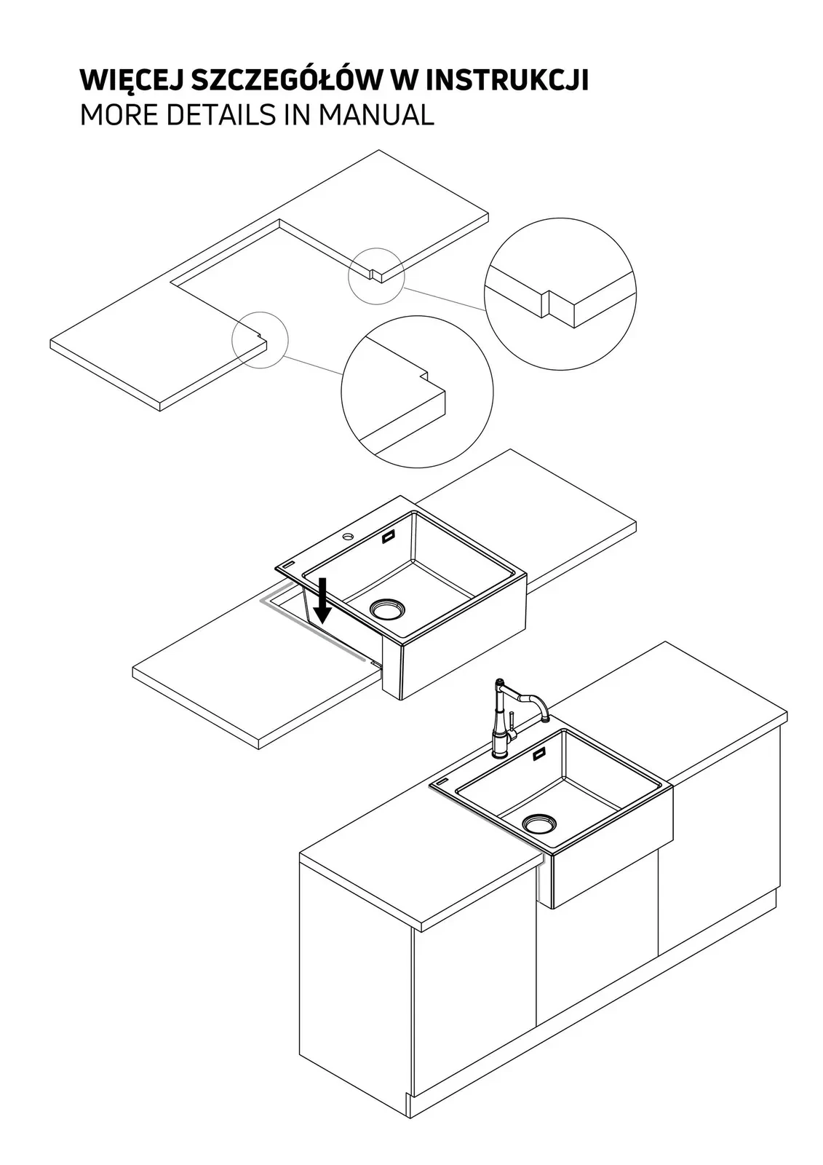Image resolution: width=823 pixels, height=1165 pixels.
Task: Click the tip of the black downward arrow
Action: click(322, 623)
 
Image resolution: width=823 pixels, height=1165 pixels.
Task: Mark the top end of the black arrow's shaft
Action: click(322, 578)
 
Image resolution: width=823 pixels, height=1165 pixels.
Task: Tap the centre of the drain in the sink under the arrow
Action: click(387, 609)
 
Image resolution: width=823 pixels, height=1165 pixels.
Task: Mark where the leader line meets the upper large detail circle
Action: click(486, 310)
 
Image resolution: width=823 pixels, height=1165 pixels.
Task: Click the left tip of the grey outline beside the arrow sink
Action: click(260, 600)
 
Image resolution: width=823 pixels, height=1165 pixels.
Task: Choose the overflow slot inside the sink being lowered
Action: click(389, 538)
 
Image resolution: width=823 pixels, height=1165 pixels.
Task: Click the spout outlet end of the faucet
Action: click(546, 719)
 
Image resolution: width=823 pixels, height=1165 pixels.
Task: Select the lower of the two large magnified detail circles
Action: click(417, 392)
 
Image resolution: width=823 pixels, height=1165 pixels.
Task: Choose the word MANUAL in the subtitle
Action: click(376, 115)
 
